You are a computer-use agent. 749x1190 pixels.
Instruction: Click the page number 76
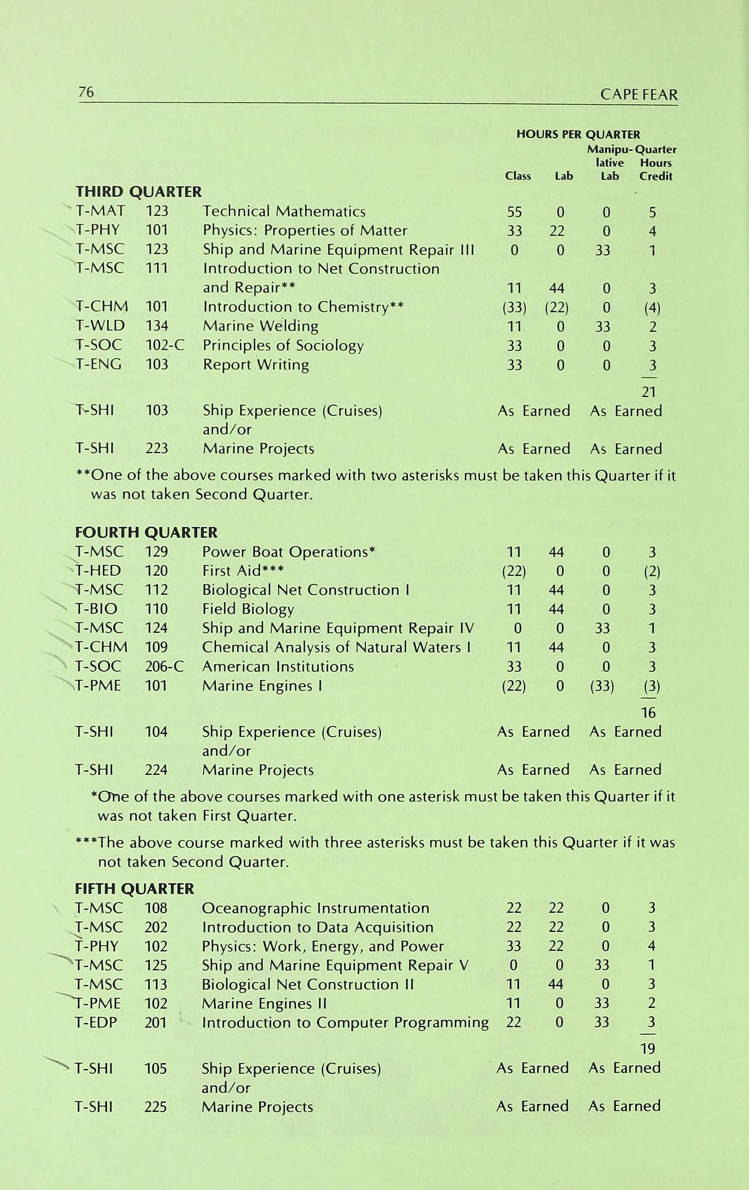coord(86,92)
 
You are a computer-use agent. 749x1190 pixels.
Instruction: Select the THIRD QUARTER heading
coord(138,192)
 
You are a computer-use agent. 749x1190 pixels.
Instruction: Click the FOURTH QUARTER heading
coord(146,532)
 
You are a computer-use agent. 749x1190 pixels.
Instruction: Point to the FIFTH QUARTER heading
coord(134,889)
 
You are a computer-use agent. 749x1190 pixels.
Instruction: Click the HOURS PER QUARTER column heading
coord(578,134)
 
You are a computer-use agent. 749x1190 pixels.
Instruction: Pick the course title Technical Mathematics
coord(284,212)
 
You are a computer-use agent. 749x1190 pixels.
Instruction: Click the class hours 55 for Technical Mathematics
coord(514,212)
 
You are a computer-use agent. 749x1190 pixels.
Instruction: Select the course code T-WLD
coord(100,326)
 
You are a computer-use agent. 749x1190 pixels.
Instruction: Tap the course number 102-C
coord(165,346)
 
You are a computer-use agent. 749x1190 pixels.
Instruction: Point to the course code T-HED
coord(98,571)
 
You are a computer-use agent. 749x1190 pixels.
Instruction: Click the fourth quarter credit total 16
coord(648,712)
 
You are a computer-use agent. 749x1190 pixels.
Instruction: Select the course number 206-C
coord(164,667)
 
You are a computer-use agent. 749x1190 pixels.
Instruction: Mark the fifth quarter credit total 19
coord(648,1048)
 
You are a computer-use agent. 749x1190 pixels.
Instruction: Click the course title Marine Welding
coord(260,326)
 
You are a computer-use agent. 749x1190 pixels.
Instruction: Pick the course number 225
coord(155,1107)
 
